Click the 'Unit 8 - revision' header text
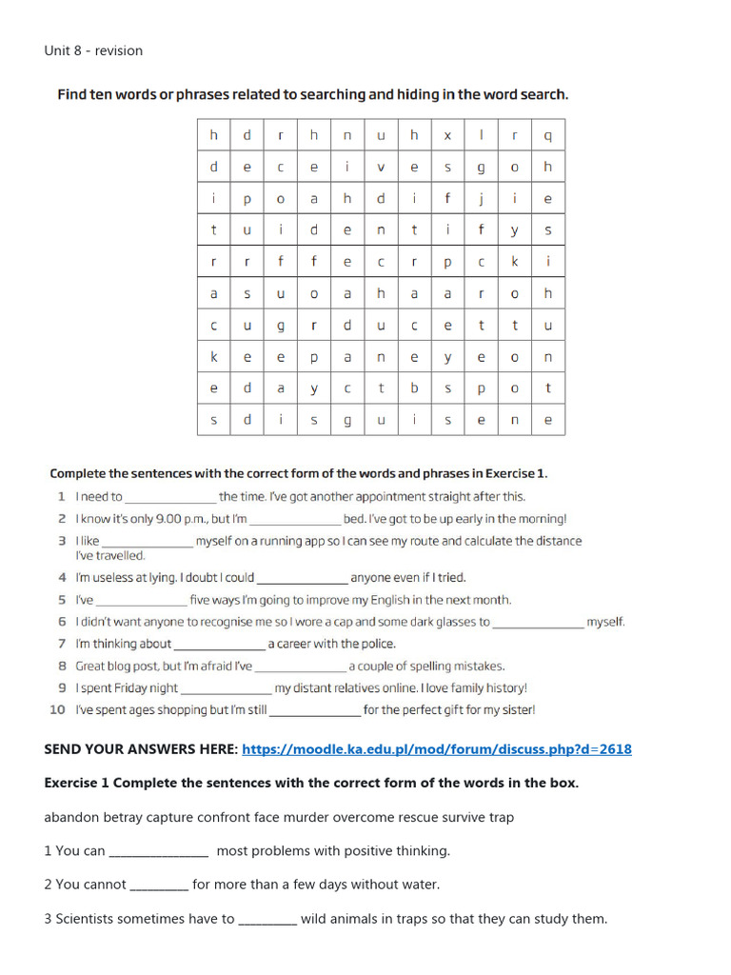click(x=93, y=50)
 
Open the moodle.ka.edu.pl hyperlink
click(x=437, y=749)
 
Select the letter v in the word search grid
click(x=381, y=167)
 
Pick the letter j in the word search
click(x=481, y=198)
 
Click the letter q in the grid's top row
click(x=547, y=135)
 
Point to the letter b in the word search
click(x=414, y=388)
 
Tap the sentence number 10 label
click(x=58, y=709)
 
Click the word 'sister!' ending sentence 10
click(x=514, y=709)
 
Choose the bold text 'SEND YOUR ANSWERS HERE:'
click(x=141, y=749)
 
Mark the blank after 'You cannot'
click(x=159, y=885)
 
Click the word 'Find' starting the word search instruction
click(x=72, y=94)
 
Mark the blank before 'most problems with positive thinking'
click(x=159, y=851)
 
